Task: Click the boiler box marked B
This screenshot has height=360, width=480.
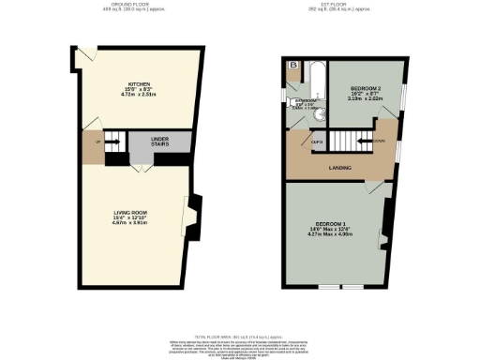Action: click(x=293, y=66)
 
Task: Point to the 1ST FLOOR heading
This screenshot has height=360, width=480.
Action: click(x=343, y=4)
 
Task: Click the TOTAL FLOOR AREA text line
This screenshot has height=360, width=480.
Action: click(x=240, y=336)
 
